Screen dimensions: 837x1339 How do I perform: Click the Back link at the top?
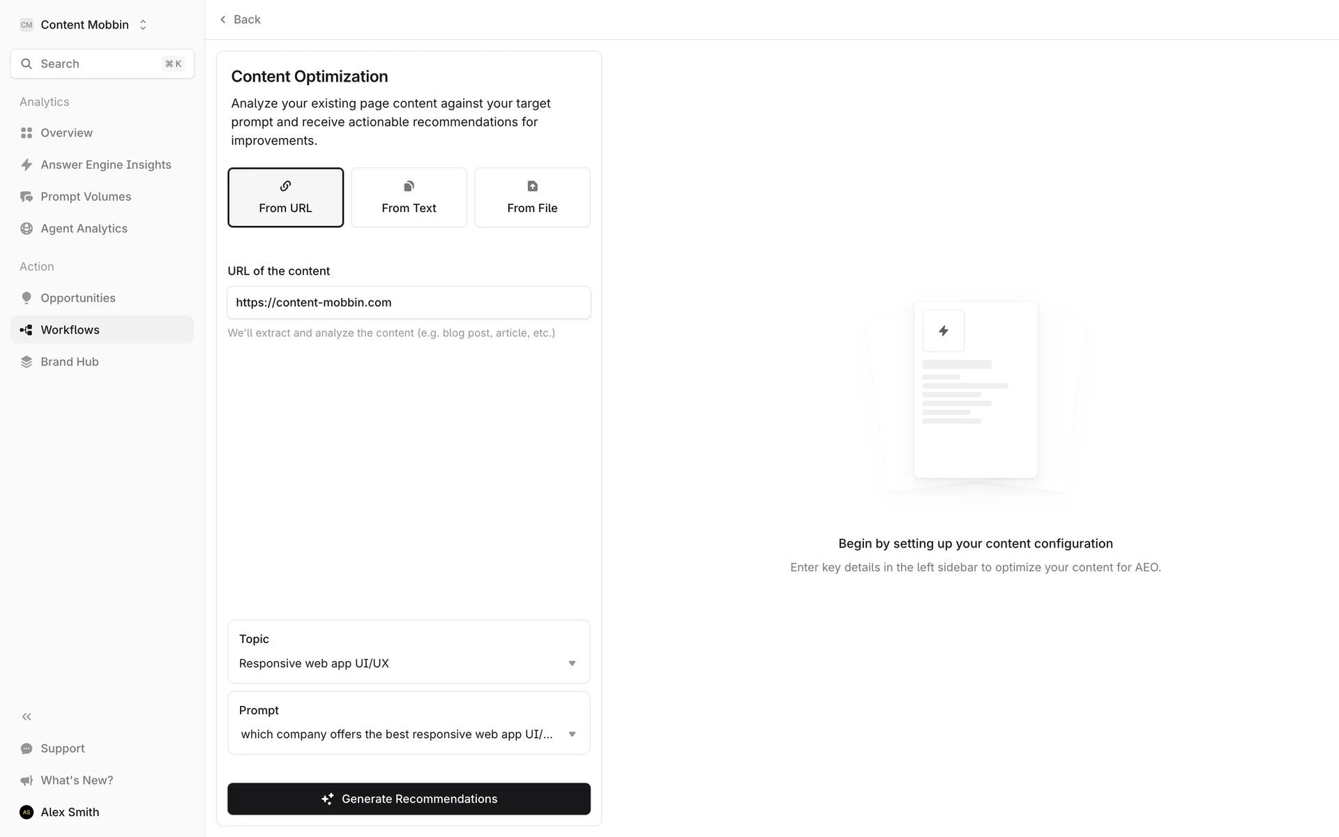tap(240, 20)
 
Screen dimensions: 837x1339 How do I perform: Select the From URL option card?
tap(285, 197)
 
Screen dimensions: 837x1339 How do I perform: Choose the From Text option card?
tap(409, 197)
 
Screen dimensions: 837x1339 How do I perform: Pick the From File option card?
tap(532, 197)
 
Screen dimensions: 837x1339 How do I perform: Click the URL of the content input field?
tap(409, 303)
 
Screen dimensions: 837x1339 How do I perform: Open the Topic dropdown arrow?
tap(572, 663)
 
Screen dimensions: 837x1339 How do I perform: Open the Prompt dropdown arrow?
tap(572, 734)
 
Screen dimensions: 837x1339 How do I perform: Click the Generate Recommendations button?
tap(409, 799)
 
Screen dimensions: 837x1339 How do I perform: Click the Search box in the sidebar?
tap(102, 64)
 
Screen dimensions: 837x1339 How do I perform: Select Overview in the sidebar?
tap(66, 133)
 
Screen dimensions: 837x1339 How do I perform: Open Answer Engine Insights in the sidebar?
tap(105, 165)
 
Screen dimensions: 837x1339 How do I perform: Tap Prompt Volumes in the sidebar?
tap(85, 197)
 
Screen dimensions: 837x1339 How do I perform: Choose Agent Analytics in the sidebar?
tap(84, 229)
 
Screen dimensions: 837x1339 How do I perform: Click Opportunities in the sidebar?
tap(77, 298)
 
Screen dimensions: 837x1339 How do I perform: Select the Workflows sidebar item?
tap(70, 330)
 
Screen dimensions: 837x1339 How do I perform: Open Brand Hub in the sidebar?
tap(69, 362)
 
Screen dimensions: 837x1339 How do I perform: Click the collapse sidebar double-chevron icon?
tap(27, 716)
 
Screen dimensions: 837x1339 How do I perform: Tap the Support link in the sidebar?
tap(62, 748)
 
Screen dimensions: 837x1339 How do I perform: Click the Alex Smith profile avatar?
tap(27, 812)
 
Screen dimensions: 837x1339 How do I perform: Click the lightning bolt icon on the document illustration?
tap(943, 331)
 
